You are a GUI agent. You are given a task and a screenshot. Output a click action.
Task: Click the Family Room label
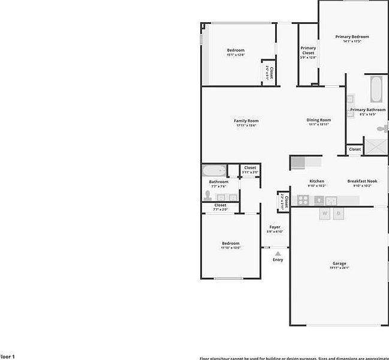pyautogui.click(x=246, y=121)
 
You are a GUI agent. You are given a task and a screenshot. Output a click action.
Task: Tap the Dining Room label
pyautogui.click(x=319, y=120)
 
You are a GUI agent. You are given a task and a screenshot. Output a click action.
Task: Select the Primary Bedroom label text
pyautogui.click(x=352, y=37)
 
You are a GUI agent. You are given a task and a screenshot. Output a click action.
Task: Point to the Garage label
pyautogui.click(x=339, y=263)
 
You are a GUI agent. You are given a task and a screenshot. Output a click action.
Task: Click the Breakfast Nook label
pyautogui.click(x=362, y=181)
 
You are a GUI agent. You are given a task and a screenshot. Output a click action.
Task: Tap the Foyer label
pyautogui.click(x=275, y=227)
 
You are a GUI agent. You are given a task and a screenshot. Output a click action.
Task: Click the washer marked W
pyautogui.click(x=325, y=214)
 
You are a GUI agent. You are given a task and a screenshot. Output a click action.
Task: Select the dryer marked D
pyautogui.click(x=338, y=214)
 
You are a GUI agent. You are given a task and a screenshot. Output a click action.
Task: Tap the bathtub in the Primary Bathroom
pyautogui.click(x=376, y=89)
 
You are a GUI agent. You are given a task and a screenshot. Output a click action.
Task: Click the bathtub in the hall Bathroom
pyautogui.click(x=213, y=170)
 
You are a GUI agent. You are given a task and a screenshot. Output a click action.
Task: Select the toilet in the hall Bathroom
pyautogui.click(x=208, y=196)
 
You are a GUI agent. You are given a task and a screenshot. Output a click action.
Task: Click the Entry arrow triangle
pyautogui.click(x=278, y=254)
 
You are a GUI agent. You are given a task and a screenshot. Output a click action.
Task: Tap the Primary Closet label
pyautogui.click(x=308, y=50)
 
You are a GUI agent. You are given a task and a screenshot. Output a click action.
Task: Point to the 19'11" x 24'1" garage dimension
pyautogui.click(x=339, y=268)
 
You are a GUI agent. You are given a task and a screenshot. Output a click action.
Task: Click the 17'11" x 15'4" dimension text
pyautogui.click(x=246, y=125)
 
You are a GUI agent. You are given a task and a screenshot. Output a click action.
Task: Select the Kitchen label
pyautogui.click(x=316, y=181)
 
